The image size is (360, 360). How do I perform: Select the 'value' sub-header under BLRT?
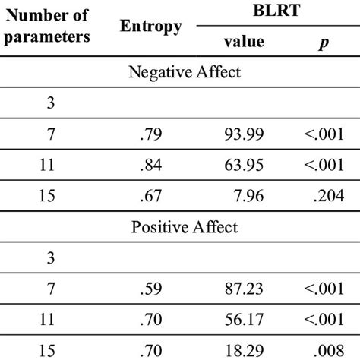coord(245,42)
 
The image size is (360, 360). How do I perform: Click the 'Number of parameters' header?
coord(51,27)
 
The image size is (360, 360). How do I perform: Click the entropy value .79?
coord(150,134)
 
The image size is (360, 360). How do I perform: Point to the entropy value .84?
coord(150,165)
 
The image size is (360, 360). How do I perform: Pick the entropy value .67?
coord(150,195)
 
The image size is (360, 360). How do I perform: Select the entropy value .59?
coord(150,288)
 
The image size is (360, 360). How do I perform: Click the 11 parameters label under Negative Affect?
coord(50,165)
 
